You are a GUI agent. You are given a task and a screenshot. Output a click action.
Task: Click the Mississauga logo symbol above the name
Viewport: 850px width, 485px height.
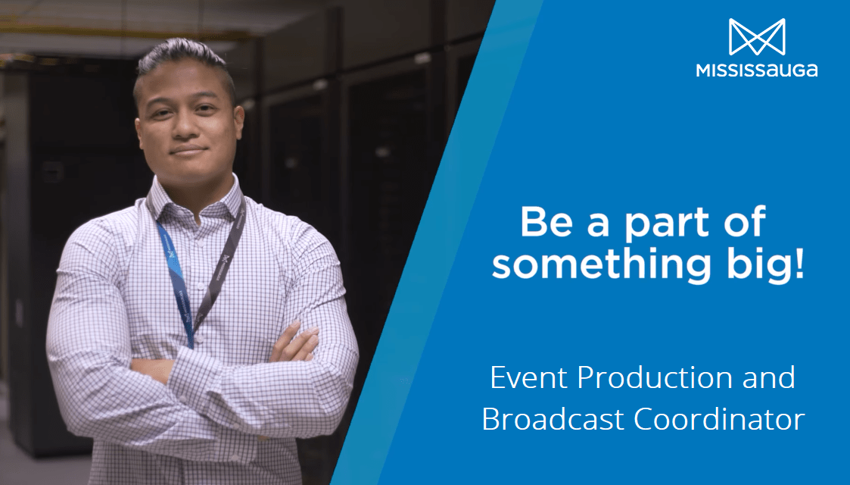pyautogui.click(x=757, y=37)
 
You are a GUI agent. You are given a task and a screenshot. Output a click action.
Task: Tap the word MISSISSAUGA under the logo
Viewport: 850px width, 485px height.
pyautogui.click(x=757, y=70)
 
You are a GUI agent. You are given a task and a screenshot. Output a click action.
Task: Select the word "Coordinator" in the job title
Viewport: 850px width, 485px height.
pyautogui.click(x=719, y=419)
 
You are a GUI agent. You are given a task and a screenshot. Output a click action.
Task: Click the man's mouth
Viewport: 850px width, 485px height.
pyautogui.click(x=187, y=149)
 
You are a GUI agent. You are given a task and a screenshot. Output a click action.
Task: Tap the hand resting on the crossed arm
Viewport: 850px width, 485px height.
pyautogui.click(x=295, y=343)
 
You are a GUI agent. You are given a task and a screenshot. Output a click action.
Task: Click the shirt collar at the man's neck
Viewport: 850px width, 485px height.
pyautogui.click(x=195, y=202)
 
